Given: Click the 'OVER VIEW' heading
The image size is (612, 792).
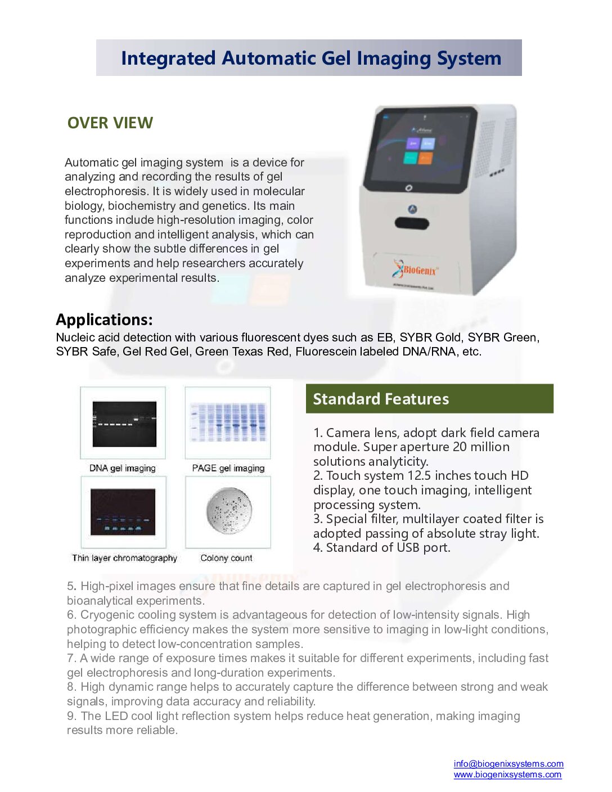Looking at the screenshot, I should pyautogui.click(x=110, y=123).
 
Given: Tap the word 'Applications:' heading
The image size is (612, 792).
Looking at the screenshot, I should pyautogui.click(x=104, y=319).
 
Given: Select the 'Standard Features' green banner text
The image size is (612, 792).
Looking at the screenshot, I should pyautogui.click(x=381, y=399).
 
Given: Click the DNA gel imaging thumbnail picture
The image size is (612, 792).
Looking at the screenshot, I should pyautogui.click(x=124, y=424).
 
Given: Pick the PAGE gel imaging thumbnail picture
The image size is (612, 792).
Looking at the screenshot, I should pyautogui.click(x=228, y=423).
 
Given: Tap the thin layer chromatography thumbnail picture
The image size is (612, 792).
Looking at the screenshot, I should pyautogui.click(x=123, y=512).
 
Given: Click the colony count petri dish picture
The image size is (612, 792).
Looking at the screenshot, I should pyautogui.click(x=228, y=511).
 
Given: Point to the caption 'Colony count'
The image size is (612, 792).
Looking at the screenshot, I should pyautogui.click(x=226, y=558).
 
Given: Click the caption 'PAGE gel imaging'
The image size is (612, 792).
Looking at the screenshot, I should pyautogui.click(x=228, y=468).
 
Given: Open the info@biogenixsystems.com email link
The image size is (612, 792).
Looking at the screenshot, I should pyautogui.click(x=508, y=764).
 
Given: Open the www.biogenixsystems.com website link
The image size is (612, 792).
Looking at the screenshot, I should pyautogui.click(x=507, y=775).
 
